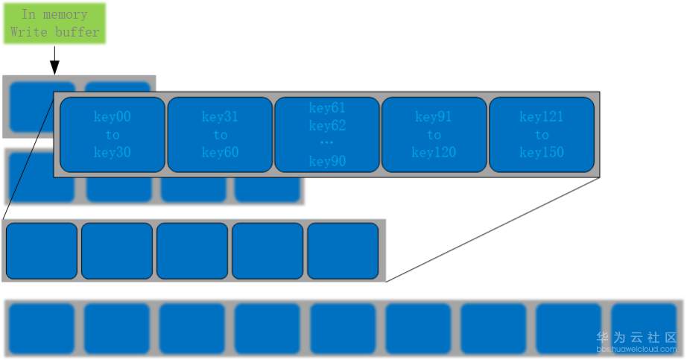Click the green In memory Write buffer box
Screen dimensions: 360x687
coord(54,23)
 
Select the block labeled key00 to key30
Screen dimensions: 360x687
coord(113,135)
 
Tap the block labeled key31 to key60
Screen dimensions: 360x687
coord(220,135)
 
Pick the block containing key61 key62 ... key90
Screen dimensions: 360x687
coord(327,135)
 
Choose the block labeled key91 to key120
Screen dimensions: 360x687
coord(434,135)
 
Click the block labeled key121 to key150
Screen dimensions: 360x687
coord(542,135)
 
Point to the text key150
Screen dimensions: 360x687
coord(542,153)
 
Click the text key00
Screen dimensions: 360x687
coord(113,117)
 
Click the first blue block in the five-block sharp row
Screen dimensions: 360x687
coord(42,250)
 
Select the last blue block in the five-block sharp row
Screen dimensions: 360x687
coord(343,250)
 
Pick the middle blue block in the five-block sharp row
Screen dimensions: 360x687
coord(192,250)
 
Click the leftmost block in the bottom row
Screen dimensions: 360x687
coord(42,329)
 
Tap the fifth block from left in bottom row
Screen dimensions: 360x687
coord(343,329)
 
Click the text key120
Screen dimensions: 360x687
coord(434,153)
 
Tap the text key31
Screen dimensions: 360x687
coord(220,117)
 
